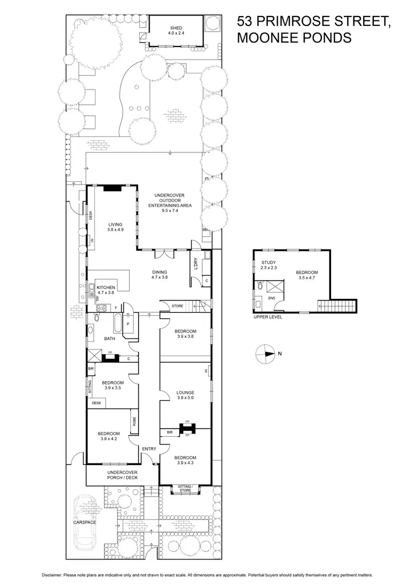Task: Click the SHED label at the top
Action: [176, 28]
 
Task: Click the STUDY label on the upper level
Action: [269, 262]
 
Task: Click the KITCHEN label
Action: [105, 288]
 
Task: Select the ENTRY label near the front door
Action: [149, 448]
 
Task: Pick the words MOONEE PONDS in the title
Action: [294, 38]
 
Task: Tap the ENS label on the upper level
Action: [271, 298]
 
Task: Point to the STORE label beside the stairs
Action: [177, 305]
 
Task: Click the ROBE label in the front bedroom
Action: [134, 421]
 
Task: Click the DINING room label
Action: [160, 272]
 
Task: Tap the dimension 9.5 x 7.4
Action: [169, 210]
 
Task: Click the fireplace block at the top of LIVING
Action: [113, 187]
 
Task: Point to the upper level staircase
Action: [337, 305]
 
